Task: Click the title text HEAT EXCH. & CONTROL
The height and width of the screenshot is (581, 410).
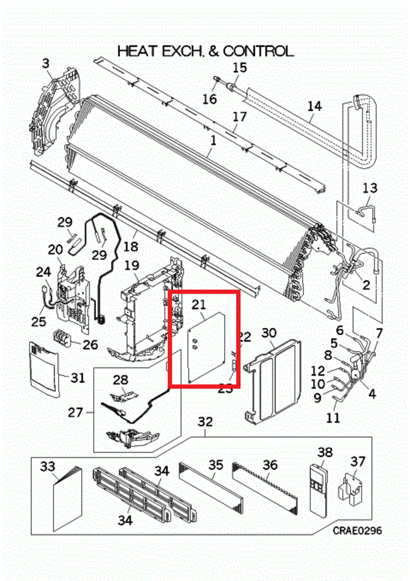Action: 205,51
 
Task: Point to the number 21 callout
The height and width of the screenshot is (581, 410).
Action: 199,304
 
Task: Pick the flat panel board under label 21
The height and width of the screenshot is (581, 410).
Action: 207,347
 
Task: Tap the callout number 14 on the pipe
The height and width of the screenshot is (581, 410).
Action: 314,106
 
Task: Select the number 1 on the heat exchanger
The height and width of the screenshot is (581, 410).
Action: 213,140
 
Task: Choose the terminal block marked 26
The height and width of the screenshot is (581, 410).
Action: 62,338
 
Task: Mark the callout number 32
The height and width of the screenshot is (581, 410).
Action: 205,422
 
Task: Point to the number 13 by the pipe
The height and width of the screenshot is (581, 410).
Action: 370,188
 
